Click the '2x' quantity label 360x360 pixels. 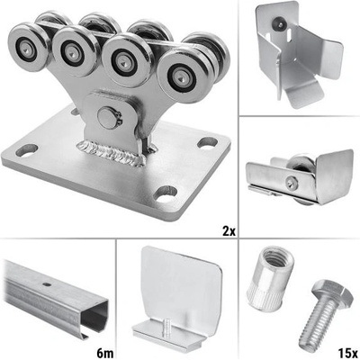point(228,231)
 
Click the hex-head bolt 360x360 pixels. point(325,312)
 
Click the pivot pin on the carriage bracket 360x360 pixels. point(109,118)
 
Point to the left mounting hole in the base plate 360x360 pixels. point(27,150)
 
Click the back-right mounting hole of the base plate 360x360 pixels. point(208,142)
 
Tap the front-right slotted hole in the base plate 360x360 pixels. point(165,193)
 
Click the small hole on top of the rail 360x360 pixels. point(45,284)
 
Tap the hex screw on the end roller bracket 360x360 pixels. point(291,183)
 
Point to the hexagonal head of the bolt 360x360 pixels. point(332,291)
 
